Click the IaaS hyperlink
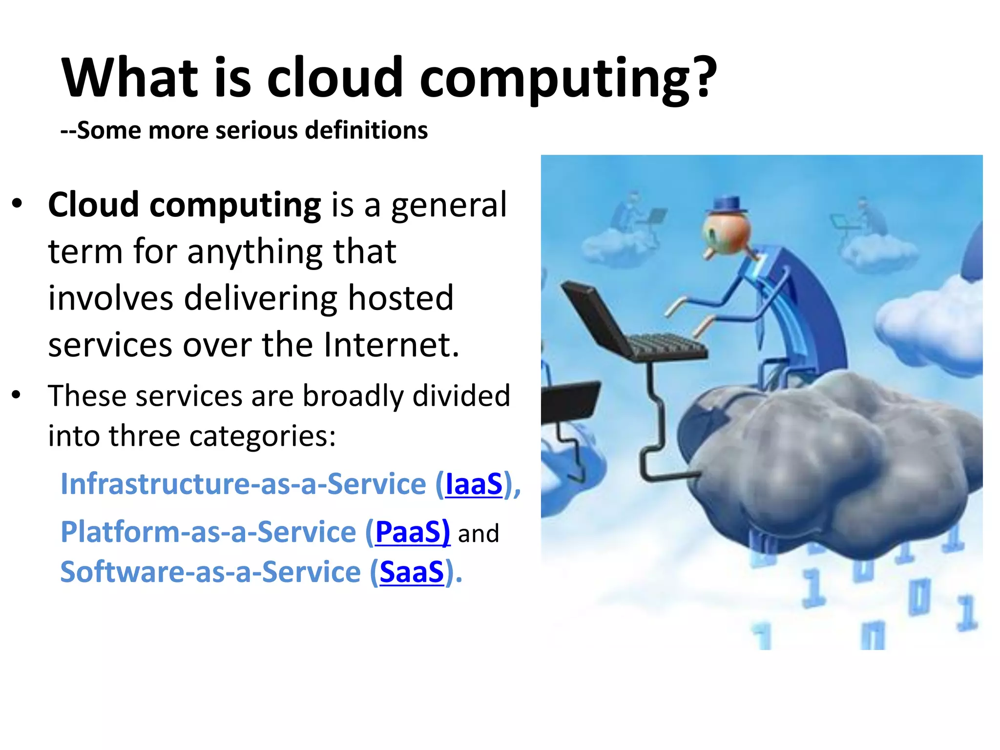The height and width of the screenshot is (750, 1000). pyautogui.click(x=474, y=484)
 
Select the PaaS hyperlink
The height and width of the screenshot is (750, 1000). pyautogui.click(x=412, y=532)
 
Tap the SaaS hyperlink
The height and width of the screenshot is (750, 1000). pyautogui.click(x=412, y=572)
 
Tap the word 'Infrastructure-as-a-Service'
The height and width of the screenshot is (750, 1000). pyautogui.click(x=243, y=484)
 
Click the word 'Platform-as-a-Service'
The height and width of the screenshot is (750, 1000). pyautogui.click(x=208, y=532)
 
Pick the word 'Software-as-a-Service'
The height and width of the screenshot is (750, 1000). pyautogui.click(x=210, y=572)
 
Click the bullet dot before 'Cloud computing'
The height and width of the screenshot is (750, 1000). pyautogui.click(x=17, y=204)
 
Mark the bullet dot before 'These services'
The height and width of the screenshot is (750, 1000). pyautogui.click(x=17, y=395)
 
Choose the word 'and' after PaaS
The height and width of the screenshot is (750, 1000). pyautogui.click(x=479, y=533)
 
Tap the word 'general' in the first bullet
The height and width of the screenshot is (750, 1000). pyautogui.click(x=449, y=205)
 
